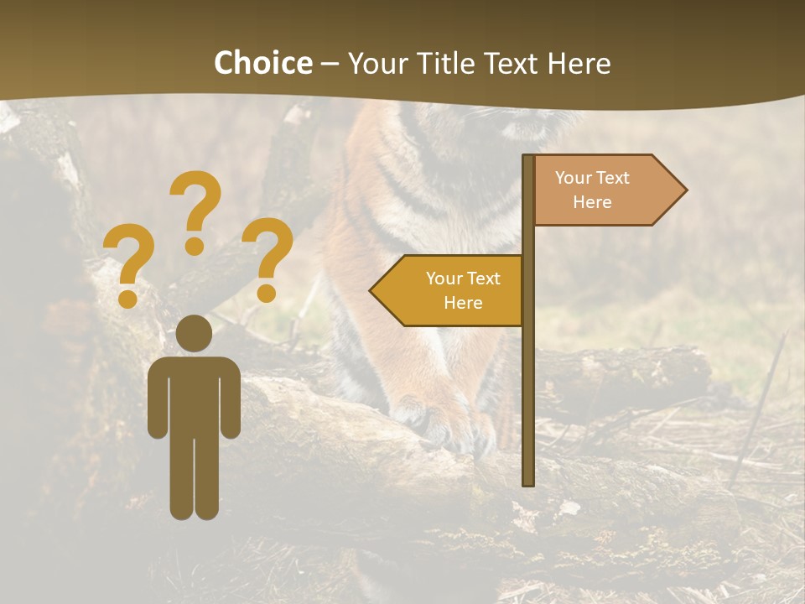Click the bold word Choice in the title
[x=262, y=63]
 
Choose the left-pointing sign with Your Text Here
[x=457, y=290]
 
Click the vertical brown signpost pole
[x=528, y=377]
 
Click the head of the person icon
[x=194, y=333]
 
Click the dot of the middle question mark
[x=195, y=246]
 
